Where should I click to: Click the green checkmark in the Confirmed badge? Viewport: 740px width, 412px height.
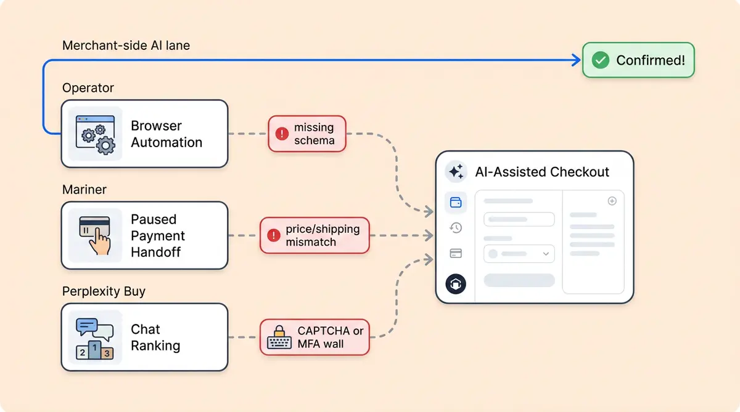[600, 60]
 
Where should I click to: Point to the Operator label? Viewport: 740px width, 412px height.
[88, 88]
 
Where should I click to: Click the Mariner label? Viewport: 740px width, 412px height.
[84, 190]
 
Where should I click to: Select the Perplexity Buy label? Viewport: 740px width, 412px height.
[104, 291]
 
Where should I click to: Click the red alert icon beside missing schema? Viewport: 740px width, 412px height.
[282, 134]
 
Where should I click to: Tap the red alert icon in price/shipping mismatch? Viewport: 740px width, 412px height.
[273, 235]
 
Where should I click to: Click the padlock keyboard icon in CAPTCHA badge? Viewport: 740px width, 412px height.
[279, 337]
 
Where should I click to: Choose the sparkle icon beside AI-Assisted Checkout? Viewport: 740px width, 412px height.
[456, 172]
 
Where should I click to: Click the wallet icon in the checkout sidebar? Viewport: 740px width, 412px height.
[456, 202]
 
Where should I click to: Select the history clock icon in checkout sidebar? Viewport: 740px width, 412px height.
[456, 228]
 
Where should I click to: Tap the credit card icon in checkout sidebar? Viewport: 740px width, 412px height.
[456, 253]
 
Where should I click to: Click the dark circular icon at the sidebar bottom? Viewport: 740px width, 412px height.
[456, 284]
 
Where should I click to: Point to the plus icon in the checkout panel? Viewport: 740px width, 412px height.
[612, 201]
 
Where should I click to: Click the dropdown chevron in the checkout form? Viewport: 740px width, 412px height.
[546, 254]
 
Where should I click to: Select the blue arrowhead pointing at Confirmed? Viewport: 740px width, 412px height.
[576, 60]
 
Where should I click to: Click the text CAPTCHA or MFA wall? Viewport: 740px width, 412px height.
[330, 337]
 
